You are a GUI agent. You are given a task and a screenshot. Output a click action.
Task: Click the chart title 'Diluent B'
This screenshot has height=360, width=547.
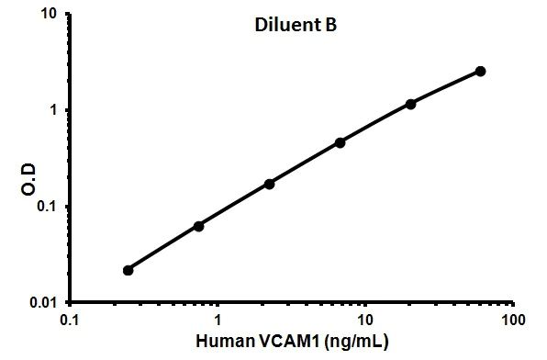click(295, 27)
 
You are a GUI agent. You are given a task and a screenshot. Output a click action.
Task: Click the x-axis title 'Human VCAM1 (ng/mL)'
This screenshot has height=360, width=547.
click(291, 343)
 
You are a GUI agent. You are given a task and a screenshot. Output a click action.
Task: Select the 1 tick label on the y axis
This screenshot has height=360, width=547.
click(54, 110)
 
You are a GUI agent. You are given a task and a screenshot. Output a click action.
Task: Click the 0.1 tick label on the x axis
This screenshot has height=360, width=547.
click(69, 321)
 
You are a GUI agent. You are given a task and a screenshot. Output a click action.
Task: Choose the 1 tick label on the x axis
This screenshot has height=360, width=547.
click(218, 321)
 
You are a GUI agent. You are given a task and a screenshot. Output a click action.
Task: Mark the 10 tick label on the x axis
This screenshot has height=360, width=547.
click(365, 321)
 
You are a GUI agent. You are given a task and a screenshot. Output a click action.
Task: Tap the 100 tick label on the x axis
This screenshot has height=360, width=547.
click(512, 321)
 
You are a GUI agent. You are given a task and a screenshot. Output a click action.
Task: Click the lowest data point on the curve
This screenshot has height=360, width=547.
click(128, 270)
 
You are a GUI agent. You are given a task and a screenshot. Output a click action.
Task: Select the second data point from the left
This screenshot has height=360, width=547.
click(198, 226)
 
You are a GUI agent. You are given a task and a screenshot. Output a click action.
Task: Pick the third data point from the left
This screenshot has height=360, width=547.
click(269, 184)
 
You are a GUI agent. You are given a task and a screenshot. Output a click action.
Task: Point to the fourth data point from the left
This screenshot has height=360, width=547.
click(340, 142)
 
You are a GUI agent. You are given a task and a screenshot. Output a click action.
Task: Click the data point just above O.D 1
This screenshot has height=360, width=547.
click(410, 104)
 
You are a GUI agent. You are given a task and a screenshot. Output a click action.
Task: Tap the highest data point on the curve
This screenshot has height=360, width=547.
click(481, 71)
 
